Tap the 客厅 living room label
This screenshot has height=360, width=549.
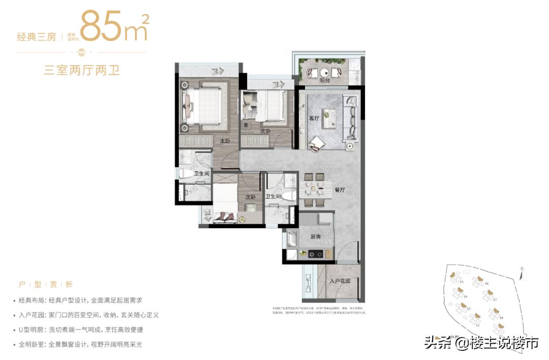tap(314, 118)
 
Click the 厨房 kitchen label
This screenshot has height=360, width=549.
tap(316, 236)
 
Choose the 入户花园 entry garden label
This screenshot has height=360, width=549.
tap(340, 281)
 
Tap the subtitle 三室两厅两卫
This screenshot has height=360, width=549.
tap(81, 70)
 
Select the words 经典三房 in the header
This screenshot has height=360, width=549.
tap(36, 37)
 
